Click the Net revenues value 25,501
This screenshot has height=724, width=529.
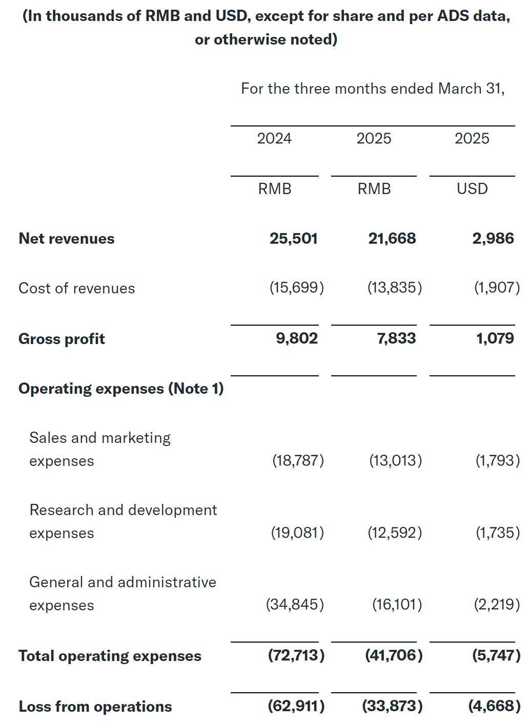(293, 239)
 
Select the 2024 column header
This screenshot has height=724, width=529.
(274, 139)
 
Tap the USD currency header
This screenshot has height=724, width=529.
(472, 189)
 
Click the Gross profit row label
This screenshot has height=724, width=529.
(62, 339)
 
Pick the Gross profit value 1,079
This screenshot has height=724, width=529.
(495, 338)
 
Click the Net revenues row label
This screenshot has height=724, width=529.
(66, 239)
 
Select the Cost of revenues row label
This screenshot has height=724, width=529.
(76, 288)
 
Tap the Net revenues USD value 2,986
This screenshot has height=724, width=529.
(493, 239)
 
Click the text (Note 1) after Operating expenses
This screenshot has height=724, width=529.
(196, 389)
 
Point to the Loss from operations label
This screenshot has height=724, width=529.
(95, 707)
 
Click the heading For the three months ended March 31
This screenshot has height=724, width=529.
(373, 89)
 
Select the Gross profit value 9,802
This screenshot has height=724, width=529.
(297, 338)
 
